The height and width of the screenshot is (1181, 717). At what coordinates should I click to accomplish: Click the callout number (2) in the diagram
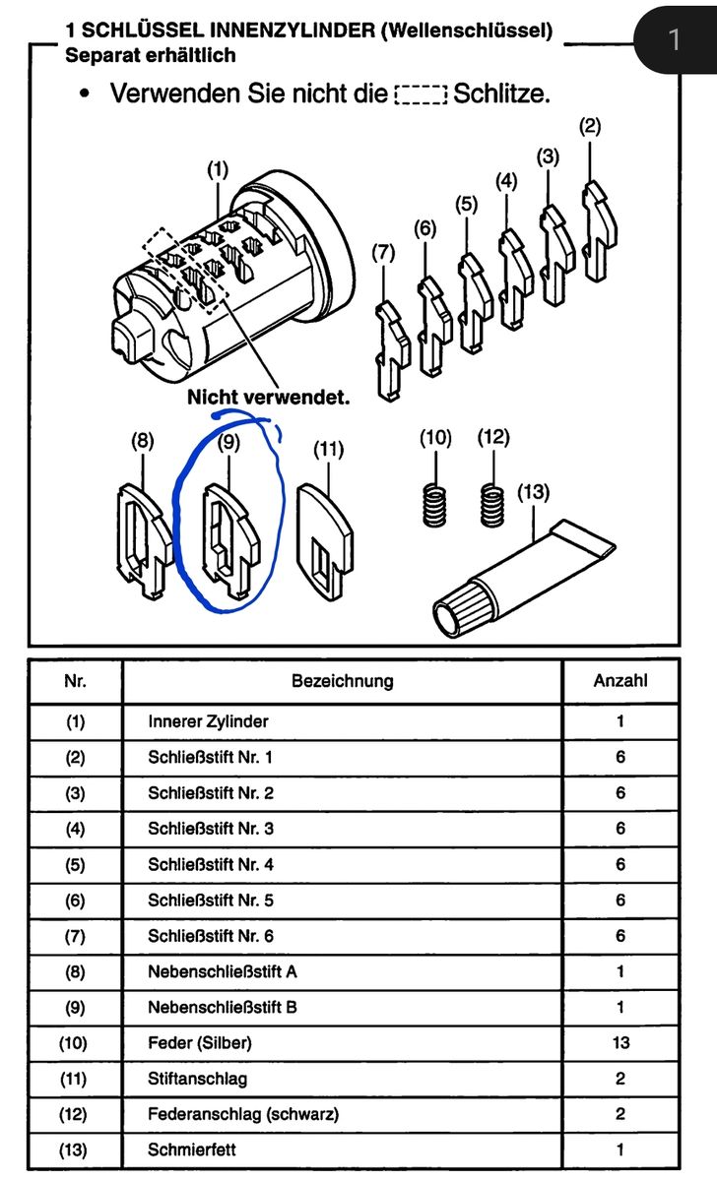coord(590,126)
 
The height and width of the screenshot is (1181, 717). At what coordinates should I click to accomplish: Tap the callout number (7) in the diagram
coord(383,253)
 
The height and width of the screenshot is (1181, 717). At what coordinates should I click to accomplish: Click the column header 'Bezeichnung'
coord(342,681)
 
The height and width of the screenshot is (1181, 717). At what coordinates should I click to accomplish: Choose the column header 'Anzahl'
coord(620,681)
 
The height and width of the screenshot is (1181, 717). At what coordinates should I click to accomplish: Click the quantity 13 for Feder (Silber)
coord(620,1043)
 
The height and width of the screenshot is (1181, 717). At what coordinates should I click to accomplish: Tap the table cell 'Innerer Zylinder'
coord(208,721)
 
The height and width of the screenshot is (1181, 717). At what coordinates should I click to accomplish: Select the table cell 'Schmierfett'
coord(192,1150)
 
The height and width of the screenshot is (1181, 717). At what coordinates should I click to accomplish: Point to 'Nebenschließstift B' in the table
coord(223,1008)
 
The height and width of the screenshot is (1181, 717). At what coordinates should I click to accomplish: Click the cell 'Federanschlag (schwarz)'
coord(243,1114)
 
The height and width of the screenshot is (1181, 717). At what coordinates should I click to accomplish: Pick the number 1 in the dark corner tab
coord(675,39)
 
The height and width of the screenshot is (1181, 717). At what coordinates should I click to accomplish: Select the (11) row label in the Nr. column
coord(76,1079)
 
